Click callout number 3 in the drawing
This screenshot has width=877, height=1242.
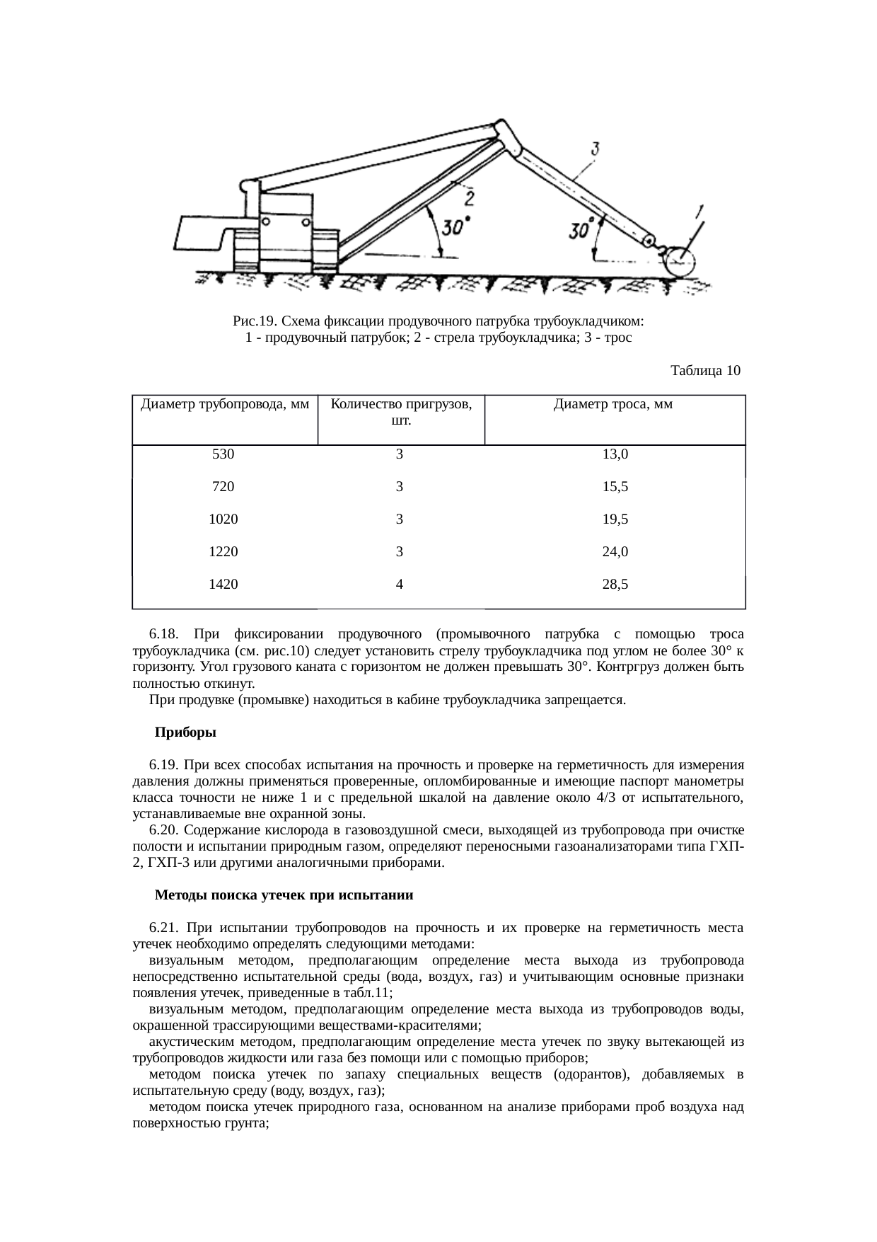596,149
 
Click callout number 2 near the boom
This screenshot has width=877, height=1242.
467,196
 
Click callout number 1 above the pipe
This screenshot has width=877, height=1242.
699,211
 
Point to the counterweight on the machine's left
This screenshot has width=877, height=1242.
202,233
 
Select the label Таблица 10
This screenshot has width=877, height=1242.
704,370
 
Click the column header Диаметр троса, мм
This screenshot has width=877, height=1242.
612,405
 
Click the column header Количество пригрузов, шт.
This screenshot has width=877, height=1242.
401,413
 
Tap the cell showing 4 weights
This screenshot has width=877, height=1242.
400,585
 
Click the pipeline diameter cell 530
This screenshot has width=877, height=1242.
223,454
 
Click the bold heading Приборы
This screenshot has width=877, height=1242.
185,733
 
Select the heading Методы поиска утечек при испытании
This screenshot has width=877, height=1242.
284,895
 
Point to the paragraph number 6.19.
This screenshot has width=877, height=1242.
161,766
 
